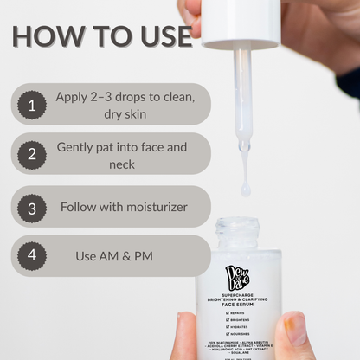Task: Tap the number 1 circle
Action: coord(32,105)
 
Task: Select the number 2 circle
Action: coord(32,155)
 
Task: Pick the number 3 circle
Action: coord(32,208)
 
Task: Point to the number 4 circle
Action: coord(32,256)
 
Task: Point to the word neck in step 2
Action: coord(122,164)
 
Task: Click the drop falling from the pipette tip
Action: coord(246,189)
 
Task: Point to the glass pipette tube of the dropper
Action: coord(243,95)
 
